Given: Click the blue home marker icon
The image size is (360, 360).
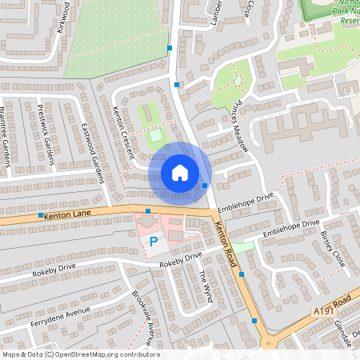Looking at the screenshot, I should [180, 173].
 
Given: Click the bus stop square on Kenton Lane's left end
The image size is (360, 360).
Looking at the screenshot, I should [40, 216].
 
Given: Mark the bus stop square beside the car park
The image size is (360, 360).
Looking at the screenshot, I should [148, 211].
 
